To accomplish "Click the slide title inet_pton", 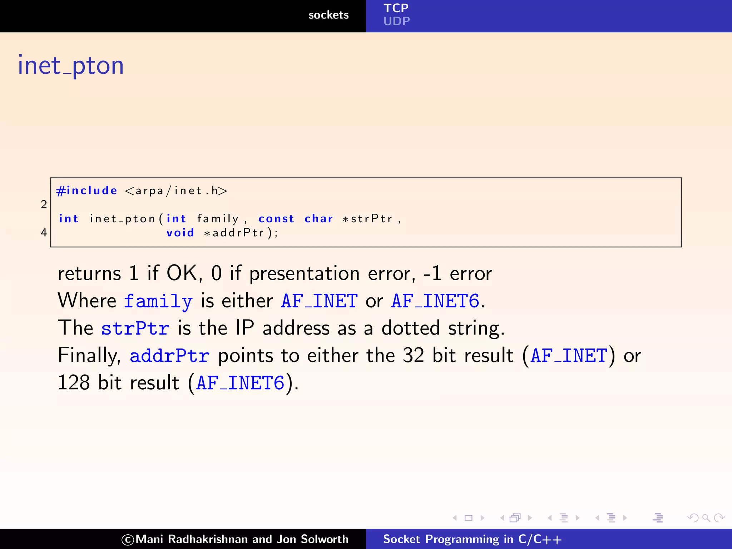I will (x=71, y=66).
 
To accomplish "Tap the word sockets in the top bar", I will (x=328, y=15).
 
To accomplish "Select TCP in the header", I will (x=396, y=8).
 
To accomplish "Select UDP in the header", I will (x=396, y=21).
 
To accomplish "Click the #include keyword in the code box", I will (x=87, y=191).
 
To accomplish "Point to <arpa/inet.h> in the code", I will (x=176, y=191).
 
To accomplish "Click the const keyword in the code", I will (x=276, y=219).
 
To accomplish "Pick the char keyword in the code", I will (x=318, y=219).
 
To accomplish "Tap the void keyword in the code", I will (x=180, y=233).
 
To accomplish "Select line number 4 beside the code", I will (x=44, y=233).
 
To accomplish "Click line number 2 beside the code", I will (x=44, y=204).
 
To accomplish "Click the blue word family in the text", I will (x=158, y=301).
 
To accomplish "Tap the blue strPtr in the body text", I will (x=135, y=328).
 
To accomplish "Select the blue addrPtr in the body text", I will (x=169, y=356).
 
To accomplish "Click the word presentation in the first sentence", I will (x=304, y=274).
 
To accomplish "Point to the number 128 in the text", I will (x=74, y=383).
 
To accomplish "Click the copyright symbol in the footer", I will (x=128, y=540).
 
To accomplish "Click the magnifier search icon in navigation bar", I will (x=706, y=518).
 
